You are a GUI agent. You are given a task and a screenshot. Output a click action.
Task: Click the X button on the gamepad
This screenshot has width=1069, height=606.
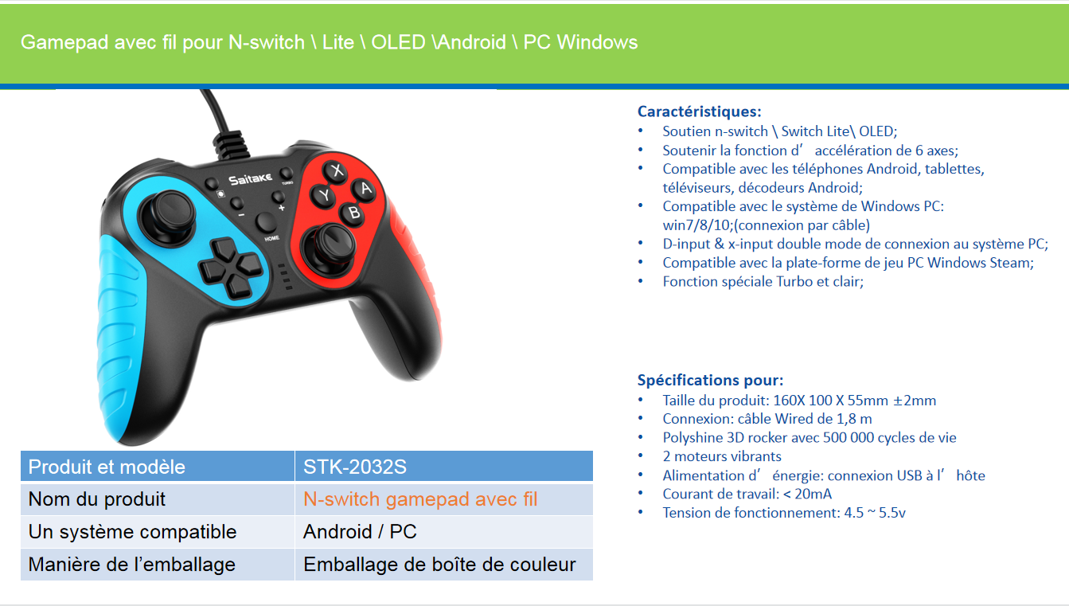[x=337, y=170]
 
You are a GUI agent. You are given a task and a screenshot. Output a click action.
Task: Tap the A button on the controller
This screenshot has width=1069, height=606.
[x=365, y=189]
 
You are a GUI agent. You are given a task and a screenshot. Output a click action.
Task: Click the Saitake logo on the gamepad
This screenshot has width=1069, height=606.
[x=250, y=179]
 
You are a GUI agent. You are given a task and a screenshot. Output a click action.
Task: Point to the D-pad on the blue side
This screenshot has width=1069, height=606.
[x=231, y=268]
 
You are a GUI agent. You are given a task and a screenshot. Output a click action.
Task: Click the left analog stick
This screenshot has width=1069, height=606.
[x=168, y=216]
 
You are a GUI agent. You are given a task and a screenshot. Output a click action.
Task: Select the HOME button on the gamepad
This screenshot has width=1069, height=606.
[x=265, y=223]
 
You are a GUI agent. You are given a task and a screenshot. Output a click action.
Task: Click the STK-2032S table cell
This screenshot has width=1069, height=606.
[x=444, y=466]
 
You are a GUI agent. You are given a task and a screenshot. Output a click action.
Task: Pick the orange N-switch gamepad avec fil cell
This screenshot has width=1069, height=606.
[x=444, y=499]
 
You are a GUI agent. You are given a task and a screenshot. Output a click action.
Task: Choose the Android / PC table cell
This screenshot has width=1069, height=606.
[x=444, y=531]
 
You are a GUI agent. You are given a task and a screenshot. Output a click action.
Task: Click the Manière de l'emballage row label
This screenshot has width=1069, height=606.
[x=131, y=565]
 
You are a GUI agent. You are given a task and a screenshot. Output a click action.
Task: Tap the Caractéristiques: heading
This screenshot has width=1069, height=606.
[x=699, y=111]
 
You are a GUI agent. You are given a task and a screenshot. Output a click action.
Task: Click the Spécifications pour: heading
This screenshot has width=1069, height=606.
[x=710, y=380]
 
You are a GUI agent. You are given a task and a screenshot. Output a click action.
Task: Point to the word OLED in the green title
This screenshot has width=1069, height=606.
[x=398, y=42]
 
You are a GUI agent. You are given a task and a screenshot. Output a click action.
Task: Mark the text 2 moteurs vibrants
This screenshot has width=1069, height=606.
[x=722, y=456]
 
